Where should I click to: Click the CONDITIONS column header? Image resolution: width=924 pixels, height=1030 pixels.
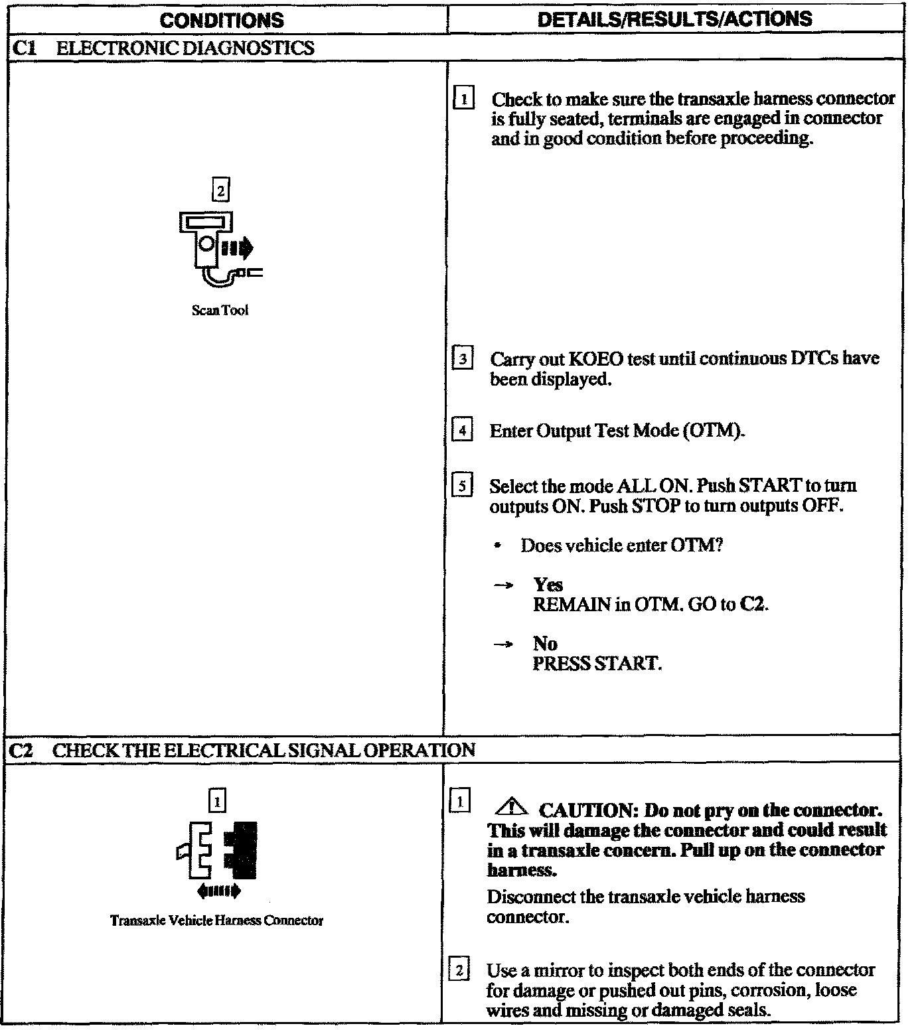222,20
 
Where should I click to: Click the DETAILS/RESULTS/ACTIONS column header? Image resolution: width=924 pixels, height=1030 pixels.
674,19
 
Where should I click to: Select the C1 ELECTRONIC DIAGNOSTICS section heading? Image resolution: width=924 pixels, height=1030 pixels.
163,48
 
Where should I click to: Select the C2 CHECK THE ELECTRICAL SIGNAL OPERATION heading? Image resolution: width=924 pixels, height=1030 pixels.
243,750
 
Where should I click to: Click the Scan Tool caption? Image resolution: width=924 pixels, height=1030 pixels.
220,310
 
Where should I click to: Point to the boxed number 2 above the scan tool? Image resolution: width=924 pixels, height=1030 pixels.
220,191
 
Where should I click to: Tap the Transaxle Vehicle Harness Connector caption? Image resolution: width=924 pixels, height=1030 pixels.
216,920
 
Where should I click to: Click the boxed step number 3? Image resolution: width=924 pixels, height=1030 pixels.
462,359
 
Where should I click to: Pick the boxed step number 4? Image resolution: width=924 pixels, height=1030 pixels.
462,431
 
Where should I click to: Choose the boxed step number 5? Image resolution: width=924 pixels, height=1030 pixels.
462,486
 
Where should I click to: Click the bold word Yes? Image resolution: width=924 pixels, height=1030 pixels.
548,585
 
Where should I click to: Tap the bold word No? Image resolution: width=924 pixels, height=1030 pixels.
545,643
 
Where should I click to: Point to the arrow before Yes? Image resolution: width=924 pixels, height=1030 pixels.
504,585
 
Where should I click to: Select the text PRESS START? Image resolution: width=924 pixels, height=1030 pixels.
597,663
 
